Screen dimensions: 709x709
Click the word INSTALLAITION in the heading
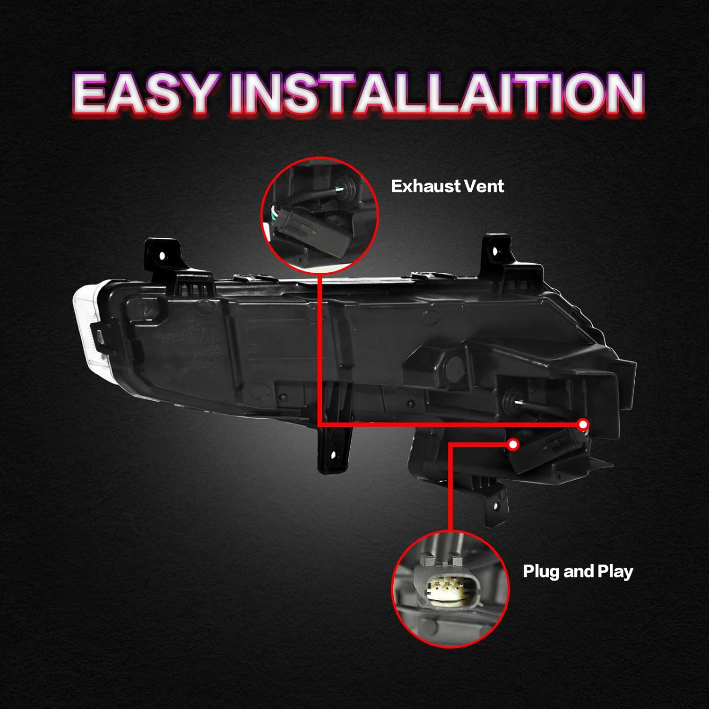(437, 94)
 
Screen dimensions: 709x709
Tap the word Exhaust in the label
(420, 186)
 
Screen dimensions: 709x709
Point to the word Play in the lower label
(615, 572)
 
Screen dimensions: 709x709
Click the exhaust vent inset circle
(320, 215)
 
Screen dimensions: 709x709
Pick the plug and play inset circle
(450, 588)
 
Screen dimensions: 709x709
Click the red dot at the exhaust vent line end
(583, 424)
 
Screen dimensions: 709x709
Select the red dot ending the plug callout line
(513, 444)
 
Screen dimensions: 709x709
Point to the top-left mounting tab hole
(163, 256)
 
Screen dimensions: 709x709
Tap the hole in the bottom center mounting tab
(332, 456)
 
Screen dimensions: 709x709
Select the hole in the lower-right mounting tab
(495, 506)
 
